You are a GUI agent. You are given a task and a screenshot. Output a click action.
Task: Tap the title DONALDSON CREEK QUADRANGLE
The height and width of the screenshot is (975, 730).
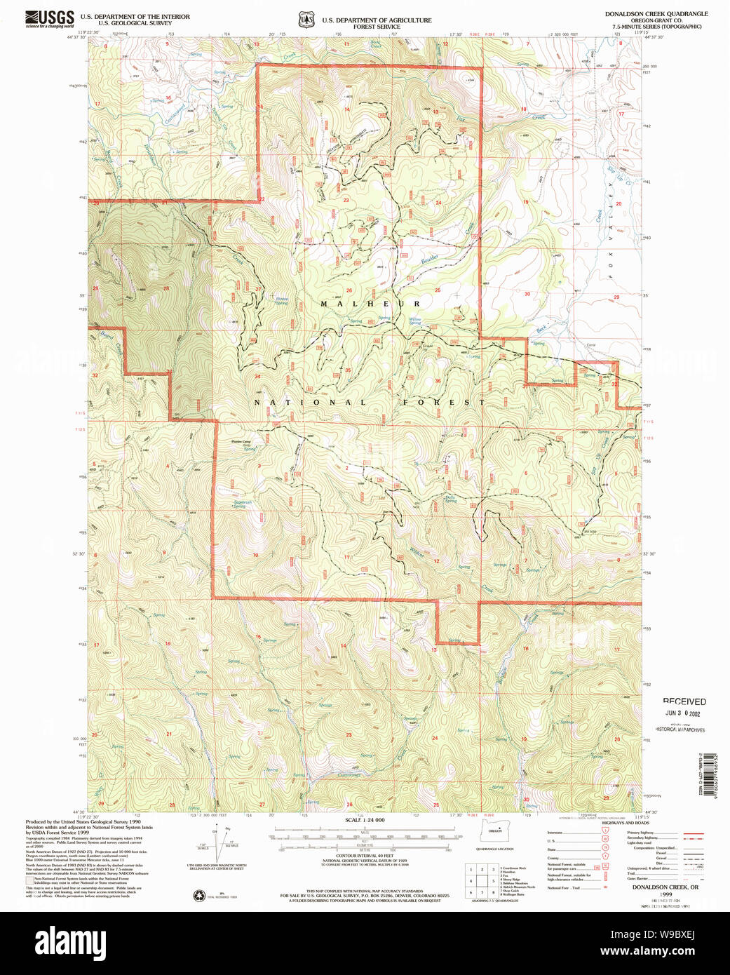click(x=656, y=14)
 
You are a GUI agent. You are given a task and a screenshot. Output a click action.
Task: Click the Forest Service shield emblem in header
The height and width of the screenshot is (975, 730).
click(x=306, y=20)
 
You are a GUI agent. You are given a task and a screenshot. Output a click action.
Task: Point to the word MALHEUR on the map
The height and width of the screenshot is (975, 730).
click(x=370, y=304)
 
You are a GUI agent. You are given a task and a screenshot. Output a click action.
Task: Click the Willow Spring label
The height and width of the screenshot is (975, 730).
click(x=414, y=321)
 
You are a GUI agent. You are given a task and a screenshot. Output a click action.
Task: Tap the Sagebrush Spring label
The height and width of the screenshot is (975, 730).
click(x=242, y=504)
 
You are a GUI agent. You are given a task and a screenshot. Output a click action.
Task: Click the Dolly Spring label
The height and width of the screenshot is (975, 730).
click(x=450, y=499)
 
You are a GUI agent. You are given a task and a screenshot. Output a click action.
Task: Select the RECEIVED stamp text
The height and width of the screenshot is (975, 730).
click(x=684, y=701)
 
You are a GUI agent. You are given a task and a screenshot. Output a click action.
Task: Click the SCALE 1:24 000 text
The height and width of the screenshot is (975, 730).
click(x=364, y=820)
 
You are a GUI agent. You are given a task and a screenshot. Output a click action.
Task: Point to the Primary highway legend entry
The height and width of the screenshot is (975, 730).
click(x=640, y=832)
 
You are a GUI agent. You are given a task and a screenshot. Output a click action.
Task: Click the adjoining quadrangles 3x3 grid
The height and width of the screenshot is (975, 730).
click(x=482, y=880)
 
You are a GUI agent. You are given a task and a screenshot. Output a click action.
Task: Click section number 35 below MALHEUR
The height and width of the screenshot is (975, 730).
click(x=348, y=370)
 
